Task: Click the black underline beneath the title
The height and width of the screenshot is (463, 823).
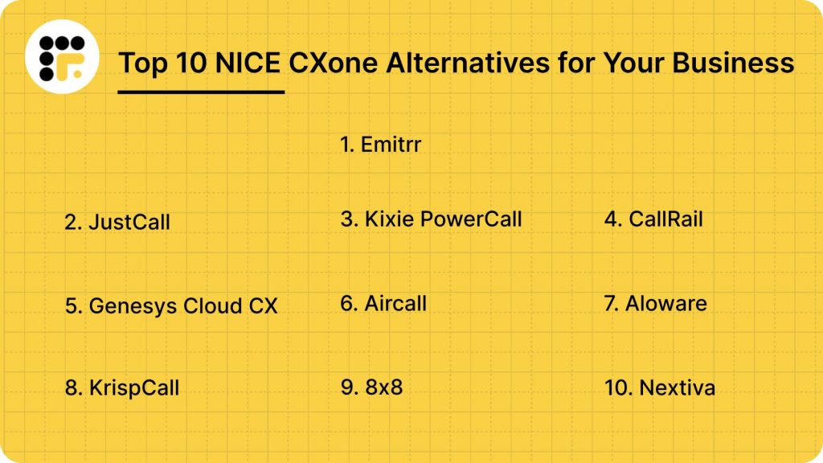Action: [201, 92]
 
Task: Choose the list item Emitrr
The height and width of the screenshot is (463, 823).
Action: [381, 145]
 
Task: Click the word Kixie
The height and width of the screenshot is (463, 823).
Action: [388, 219]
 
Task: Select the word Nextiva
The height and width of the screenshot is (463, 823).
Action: [677, 388]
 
